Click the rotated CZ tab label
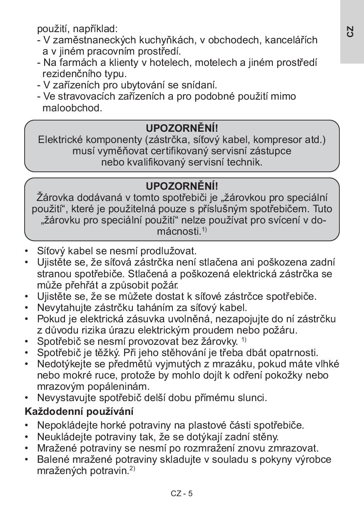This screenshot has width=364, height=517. (x=351, y=31)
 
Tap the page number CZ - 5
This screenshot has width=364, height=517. (x=182, y=494)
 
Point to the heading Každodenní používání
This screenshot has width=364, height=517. (x=79, y=412)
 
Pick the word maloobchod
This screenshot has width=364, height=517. (x=72, y=108)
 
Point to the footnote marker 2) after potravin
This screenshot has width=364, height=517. (x=132, y=469)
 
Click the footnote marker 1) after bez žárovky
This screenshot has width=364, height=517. (x=244, y=339)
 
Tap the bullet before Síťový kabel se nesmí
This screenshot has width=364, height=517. (x=27, y=251)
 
